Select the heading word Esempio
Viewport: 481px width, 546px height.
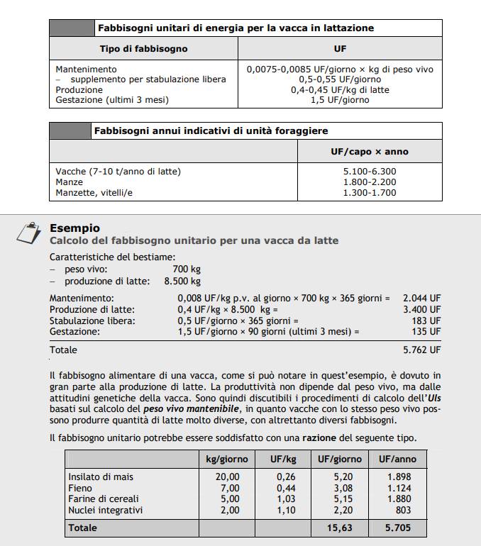pyautogui.click(x=74, y=228)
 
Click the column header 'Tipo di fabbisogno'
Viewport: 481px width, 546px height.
pyautogui.click(x=143, y=49)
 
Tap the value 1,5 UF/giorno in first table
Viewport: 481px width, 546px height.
pyautogui.click(x=340, y=100)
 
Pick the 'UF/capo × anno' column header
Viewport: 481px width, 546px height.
pyautogui.click(x=375, y=152)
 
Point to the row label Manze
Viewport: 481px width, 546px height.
pyautogui.click(x=69, y=182)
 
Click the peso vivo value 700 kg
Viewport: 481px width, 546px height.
pyautogui.click(x=187, y=269)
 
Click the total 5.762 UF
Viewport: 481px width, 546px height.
pyautogui.click(x=421, y=350)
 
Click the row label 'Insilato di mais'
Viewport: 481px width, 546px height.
pyautogui.click(x=100, y=477)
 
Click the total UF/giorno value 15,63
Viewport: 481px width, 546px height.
pyautogui.click(x=340, y=528)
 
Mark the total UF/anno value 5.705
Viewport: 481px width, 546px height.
pyautogui.click(x=398, y=528)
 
